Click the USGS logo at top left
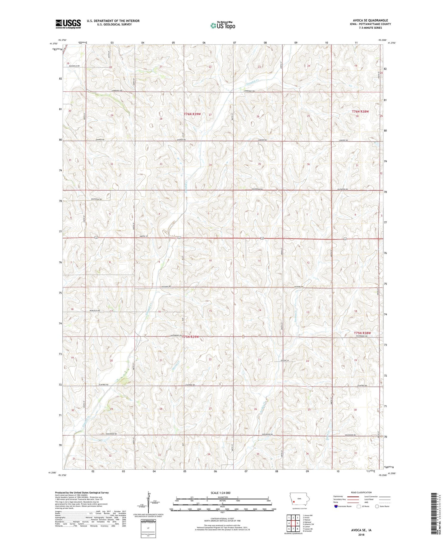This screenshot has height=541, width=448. (x=68, y=24)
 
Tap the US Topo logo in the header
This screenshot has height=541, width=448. (x=223, y=26)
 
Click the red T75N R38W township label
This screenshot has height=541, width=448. (x=362, y=333)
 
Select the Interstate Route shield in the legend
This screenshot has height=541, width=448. (x=336, y=506)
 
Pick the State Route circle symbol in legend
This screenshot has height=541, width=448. (x=377, y=506)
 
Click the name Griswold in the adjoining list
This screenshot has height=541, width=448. (x=307, y=531)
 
